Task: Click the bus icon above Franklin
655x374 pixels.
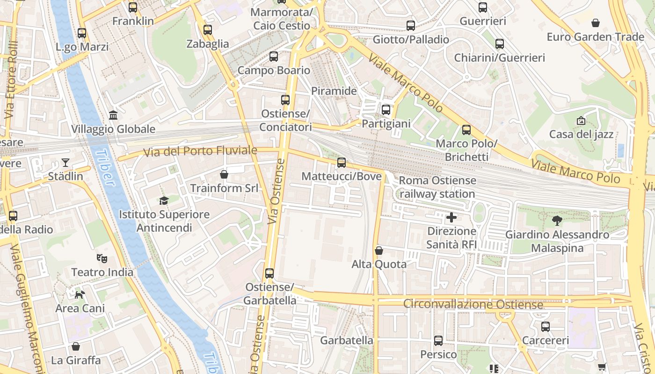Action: (x=133, y=7)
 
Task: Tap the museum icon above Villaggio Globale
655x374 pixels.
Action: (x=113, y=115)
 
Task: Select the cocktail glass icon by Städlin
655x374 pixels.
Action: (x=65, y=163)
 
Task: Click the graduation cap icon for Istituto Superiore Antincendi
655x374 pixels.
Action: (x=164, y=201)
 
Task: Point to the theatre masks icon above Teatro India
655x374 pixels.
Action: (x=102, y=258)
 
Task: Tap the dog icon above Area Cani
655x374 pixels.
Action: (x=80, y=295)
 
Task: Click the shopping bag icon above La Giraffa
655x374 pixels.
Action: (x=76, y=346)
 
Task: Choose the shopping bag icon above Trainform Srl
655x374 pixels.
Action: (x=224, y=174)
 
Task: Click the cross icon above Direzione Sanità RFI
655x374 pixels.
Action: (x=451, y=217)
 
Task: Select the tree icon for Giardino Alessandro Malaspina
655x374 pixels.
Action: (x=557, y=221)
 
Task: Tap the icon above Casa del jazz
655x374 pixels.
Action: (x=581, y=121)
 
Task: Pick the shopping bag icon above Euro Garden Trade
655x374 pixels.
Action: (x=596, y=23)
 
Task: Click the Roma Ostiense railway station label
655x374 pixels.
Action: (x=437, y=187)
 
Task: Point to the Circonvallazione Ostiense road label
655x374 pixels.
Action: (x=473, y=304)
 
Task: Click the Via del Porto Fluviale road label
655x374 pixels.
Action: (x=200, y=151)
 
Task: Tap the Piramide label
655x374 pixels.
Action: (x=334, y=91)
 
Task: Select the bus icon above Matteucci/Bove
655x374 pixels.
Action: (x=342, y=163)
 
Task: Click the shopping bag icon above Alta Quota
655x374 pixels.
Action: (x=379, y=251)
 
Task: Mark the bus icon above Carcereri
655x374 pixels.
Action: (x=546, y=327)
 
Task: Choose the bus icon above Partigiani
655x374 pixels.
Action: (x=386, y=110)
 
